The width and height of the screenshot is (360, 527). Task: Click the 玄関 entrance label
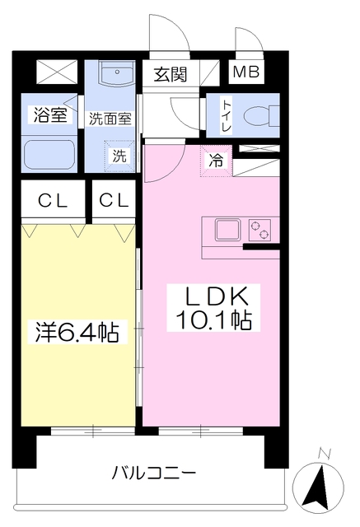tap(170, 73)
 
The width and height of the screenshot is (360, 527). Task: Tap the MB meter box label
tap(245, 72)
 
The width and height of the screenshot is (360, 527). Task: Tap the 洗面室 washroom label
tap(110, 118)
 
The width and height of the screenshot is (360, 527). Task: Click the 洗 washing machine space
tap(119, 155)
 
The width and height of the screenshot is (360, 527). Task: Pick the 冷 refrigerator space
tap(216, 161)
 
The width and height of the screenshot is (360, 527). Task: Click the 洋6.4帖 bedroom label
tap(77, 333)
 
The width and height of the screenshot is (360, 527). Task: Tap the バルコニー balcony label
tap(153, 473)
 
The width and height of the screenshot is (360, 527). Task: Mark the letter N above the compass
tap(324, 453)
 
